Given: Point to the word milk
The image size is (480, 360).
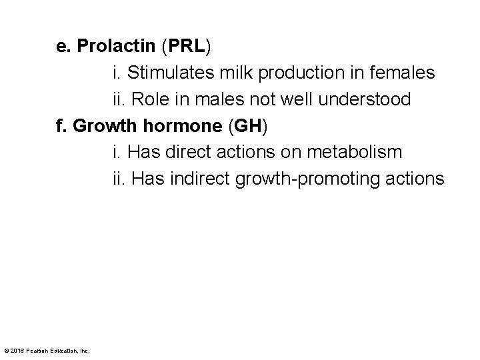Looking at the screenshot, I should click(220, 73).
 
